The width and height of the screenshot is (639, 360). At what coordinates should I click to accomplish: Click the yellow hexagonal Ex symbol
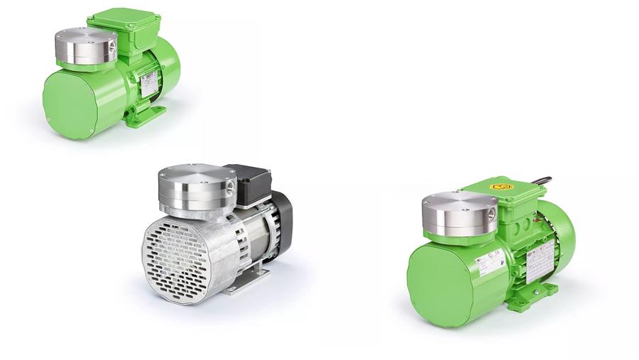(502, 187)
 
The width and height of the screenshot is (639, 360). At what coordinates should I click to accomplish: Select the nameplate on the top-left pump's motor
(150, 84)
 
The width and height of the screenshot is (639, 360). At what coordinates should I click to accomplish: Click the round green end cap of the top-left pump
(69, 105)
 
